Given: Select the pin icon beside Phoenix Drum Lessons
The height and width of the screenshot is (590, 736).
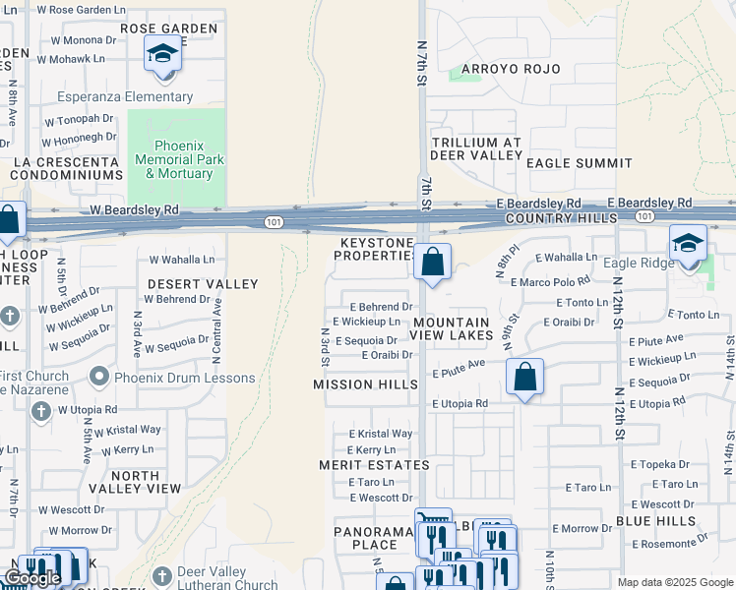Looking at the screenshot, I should click(98, 378).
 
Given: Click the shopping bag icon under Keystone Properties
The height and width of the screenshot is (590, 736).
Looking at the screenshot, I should click(432, 263).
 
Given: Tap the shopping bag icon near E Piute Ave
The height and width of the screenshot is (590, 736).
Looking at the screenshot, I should click(525, 376).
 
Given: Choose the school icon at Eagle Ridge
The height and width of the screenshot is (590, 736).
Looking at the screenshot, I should click(688, 244).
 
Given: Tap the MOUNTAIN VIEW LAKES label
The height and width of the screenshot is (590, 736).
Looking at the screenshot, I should click(452, 328).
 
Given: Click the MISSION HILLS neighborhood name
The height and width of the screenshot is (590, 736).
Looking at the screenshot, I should click(365, 384).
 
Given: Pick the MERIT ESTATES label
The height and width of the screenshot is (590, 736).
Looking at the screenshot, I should click(374, 464).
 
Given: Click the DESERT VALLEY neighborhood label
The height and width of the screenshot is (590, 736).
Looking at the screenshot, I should click(203, 284).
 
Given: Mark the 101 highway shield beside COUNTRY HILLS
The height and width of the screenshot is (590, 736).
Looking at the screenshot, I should click(644, 215).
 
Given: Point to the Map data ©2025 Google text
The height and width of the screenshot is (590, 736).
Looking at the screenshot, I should click(675, 582).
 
